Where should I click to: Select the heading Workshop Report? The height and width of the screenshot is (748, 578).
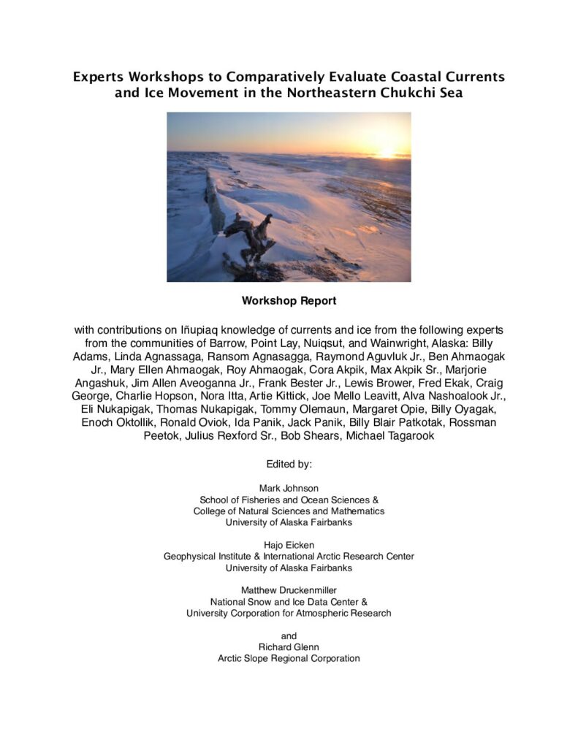289,300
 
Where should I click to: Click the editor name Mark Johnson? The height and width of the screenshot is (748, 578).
289,487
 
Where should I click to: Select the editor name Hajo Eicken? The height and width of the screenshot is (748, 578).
289,544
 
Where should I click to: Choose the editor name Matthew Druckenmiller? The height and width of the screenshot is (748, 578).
289,589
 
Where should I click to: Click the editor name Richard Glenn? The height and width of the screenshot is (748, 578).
289,646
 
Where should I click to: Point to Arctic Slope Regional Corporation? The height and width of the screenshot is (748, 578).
289,658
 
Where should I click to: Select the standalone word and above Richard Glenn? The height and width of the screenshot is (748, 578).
289,636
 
